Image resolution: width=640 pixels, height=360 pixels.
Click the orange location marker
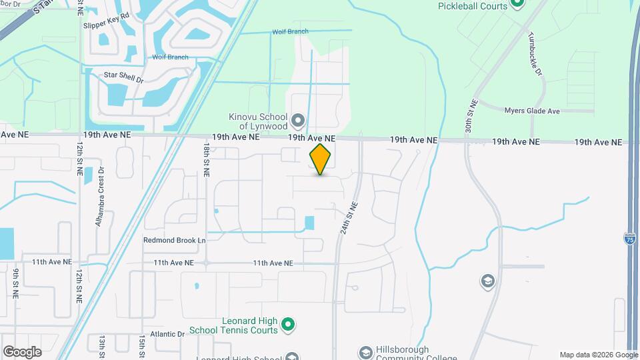pyautogui.click(x=321, y=159)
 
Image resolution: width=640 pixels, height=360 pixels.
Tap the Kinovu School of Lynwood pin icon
pyautogui.click(x=298, y=121)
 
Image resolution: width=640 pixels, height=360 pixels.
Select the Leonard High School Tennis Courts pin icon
pyautogui.click(x=288, y=325)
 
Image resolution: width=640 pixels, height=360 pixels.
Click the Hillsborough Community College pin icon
pyautogui.click(x=365, y=352)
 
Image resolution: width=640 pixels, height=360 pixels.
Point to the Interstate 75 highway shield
pyautogui.click(x=630, y=238)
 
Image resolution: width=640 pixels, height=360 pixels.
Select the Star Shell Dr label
pyautogui.click(x=123, y=75)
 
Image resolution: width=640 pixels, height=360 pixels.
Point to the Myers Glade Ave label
pyautogui.click(x=532, y=111)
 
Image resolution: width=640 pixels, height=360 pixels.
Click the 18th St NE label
pyautogui.click(x=206, y=160)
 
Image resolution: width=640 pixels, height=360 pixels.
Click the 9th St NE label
pyautogui.click(x=15, y=281)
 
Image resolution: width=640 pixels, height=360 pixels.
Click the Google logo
pyautogui.click(x=22, y=351)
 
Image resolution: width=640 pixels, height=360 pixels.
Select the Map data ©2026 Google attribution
pyautogui.click(x=597, y=355)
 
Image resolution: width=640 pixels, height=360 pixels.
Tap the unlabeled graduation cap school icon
pyautogui.click(x=488, y=281)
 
